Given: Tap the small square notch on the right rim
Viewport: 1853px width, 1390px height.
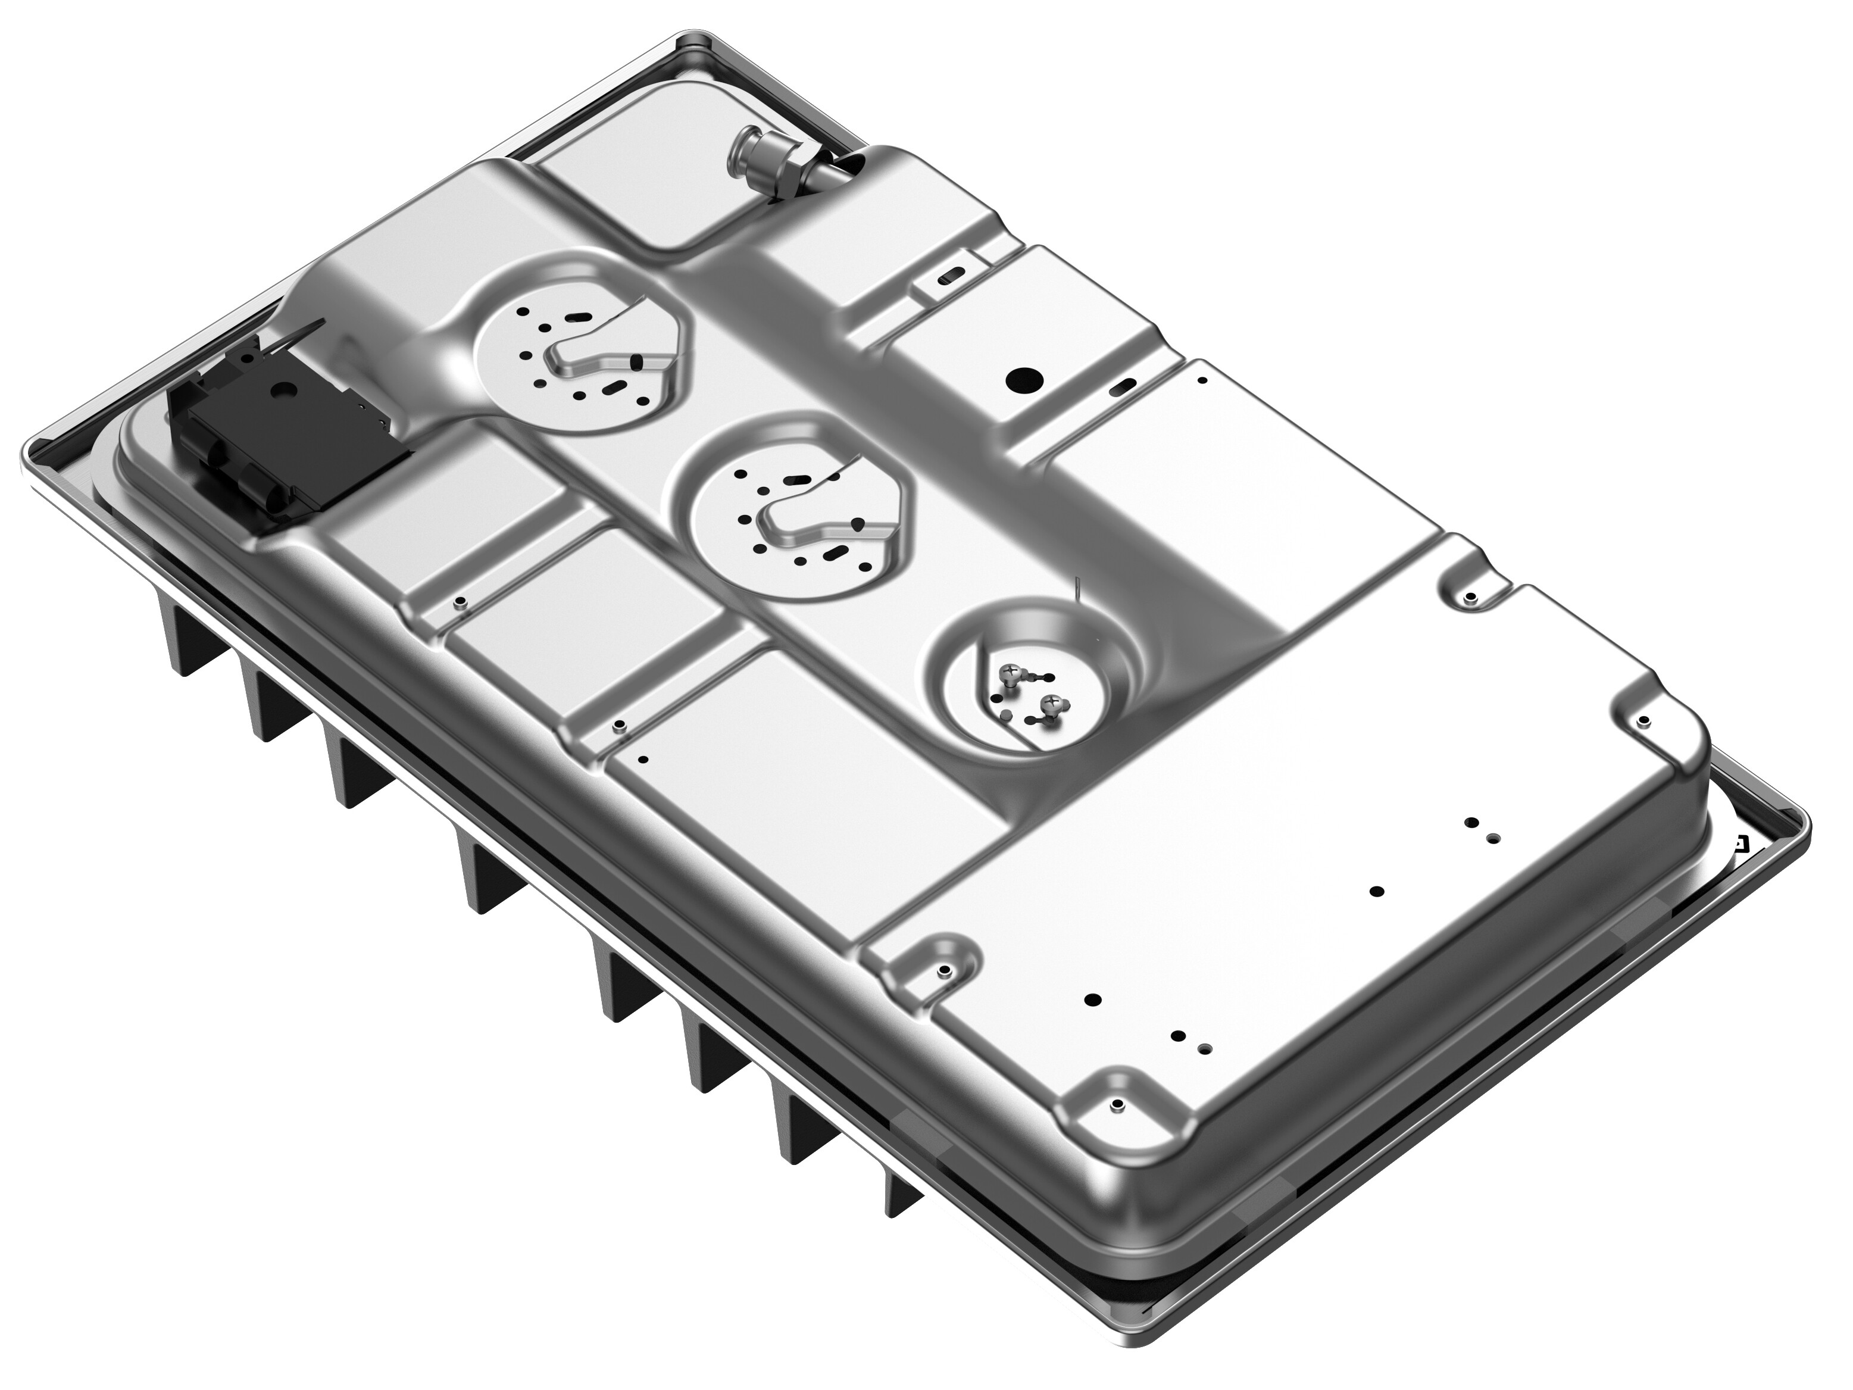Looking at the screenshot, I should (1740, 843).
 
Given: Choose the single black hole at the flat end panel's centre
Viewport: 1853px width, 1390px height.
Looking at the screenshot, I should (1376, 892).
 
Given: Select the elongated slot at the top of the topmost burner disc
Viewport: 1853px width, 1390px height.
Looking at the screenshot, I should (578, 317).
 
